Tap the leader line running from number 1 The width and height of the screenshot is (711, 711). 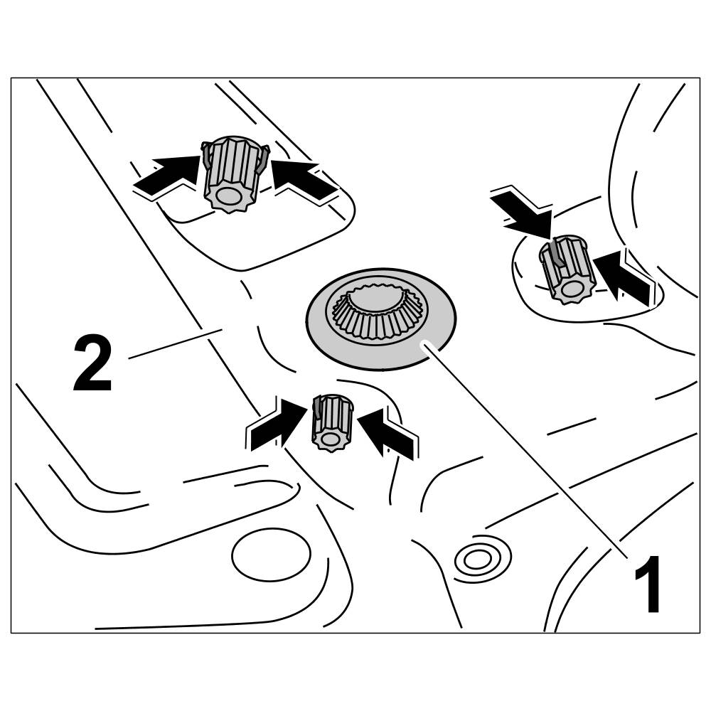click(526, 448)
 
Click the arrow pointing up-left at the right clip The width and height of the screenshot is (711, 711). click(622, 277)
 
